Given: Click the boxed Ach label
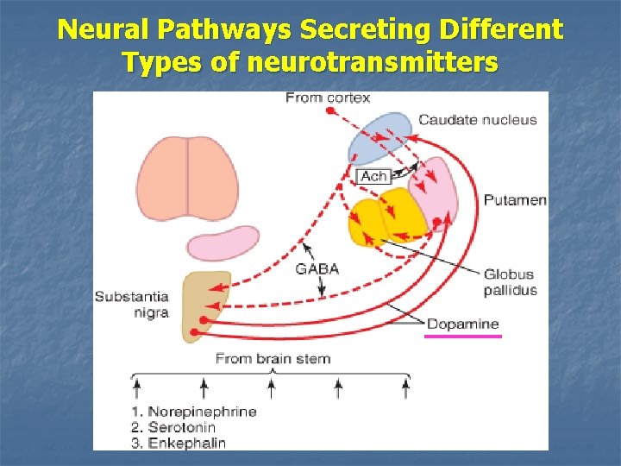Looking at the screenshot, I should (373, 176).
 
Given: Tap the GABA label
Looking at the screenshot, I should (317, 268).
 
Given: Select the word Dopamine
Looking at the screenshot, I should (463, 324).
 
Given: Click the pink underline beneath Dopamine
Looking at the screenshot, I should (463, 337).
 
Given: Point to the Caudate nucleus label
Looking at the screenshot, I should (477, 120).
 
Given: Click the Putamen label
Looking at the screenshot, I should (514, 200).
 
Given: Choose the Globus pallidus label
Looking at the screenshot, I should (510, 282).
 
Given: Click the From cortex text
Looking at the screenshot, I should (328, 98).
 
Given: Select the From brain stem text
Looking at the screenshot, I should (272, 358).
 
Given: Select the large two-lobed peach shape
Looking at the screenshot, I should (187, 174).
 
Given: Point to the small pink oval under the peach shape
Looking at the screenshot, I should (223, 243).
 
